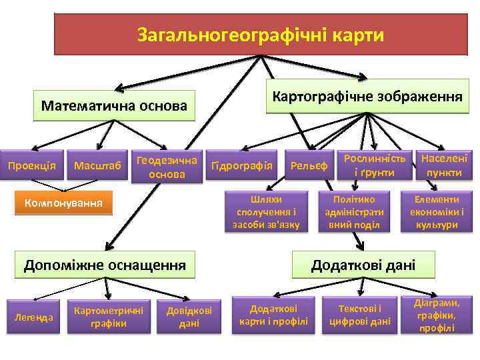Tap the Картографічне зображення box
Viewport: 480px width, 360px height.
click(367, 97)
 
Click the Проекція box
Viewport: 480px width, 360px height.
click(32, 165)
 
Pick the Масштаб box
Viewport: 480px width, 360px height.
click(97, 165)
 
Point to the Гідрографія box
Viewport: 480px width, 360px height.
click(241, 165)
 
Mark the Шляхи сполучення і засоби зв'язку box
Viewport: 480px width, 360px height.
click(267, 212)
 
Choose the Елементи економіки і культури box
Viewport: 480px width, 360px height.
click(436, 212)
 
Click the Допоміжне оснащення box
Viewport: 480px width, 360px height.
click(105, 265)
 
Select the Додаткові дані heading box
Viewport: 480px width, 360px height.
click(363, 265)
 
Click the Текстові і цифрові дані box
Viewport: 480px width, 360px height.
click(360, 315)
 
